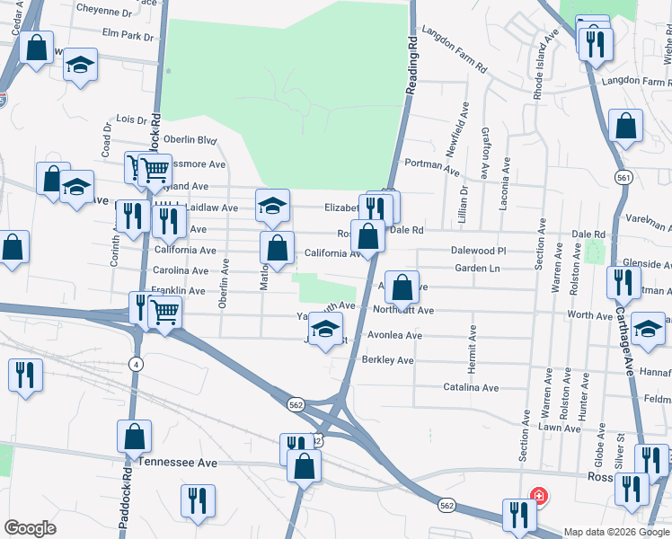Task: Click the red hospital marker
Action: pyautogui.click(x=538, y=495)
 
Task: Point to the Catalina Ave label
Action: pyautogui.click(x=470, y=388)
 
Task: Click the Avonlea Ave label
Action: pyautogui.click(x=394, y=336)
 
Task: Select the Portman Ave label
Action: pyautogui.click(x=432, y=166)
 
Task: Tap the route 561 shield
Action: pyautogui.click(x=623, y=179)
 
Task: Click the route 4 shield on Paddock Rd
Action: pyautogui.click(x=136, y=364)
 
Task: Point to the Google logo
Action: pyautogui.click(x=31, y=528)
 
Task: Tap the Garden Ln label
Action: pyautogui.click(x=476, y=269)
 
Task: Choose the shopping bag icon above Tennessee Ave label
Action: pyautogui.click(x=134, y=437)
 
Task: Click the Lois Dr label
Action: pyautogui.click(x=131, y=119)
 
